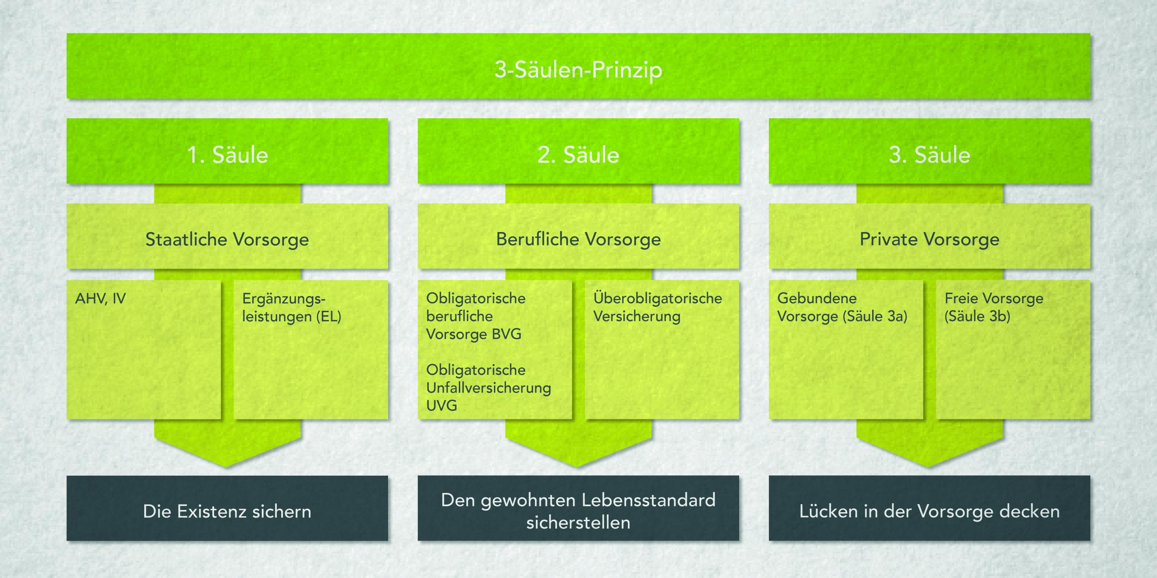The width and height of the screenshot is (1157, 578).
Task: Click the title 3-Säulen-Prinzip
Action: (578, 70)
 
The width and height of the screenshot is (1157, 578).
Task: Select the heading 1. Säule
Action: (227, 155)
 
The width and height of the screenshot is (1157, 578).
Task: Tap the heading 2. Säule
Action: (578, 155)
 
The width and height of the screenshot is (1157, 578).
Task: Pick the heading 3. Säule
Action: (929, 155)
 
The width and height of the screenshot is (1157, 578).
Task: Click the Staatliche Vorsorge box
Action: (227, 239)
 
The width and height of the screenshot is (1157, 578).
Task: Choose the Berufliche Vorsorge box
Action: (578, 239)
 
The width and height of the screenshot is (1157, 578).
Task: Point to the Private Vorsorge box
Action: (929, 239)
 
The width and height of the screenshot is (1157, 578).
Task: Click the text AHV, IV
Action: (100, 298)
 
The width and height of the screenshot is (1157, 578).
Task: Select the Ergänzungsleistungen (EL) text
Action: (291, 308)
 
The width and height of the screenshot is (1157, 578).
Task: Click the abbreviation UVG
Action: (441, 405)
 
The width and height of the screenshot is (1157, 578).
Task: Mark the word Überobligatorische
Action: (658, 298)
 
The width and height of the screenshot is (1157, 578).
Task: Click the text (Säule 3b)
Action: (977, 317)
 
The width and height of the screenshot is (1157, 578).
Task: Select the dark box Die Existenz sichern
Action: (227, 512)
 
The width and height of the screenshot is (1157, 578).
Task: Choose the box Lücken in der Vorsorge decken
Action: (929, 512)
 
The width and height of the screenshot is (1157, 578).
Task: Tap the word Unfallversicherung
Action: (488, 388)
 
